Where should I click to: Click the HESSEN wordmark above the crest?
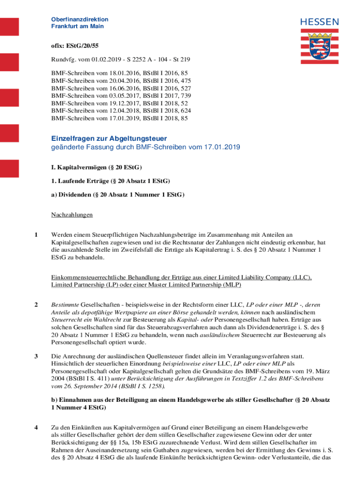pyautogui.click(x=320, y=22)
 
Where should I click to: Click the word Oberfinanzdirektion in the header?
pyautogui.click(x=79, y=19)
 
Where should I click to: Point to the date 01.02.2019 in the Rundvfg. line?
pyautogui.click(x=96, y=60)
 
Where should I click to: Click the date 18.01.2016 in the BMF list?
pyautogui.click(x=111, y=73)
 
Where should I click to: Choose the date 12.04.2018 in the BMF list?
pyautogui.click(x=111, y=111)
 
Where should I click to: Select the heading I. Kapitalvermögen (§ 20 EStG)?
pyautogui.click(x=96, y=167)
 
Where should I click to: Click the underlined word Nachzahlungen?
pyautogui.click(x=72, y=215)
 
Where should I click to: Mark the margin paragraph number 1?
pyautogui.click(x=36, y=234)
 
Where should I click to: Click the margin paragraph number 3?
pyautogui.click(x=36, y=357)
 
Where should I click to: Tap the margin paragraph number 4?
pyautogui.click(x=36, y=427)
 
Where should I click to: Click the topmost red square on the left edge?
pyautogui.click(x=9, y=27)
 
